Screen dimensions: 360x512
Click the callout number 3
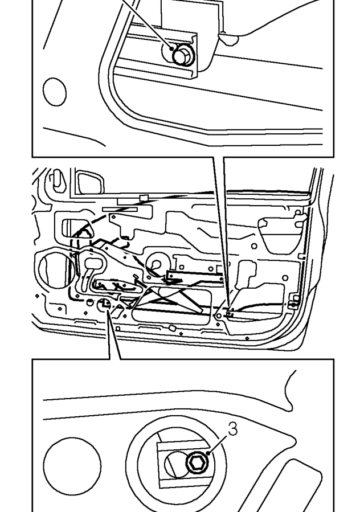(x=232, y=429)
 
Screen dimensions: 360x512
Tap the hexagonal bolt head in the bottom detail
(x=197, y=462)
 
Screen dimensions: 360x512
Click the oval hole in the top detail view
(x=55, y=92)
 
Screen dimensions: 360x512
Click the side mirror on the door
(x=91, y=182)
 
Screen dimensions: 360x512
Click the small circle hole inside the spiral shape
(x=156, y=264)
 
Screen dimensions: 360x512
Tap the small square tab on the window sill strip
(x=144, y=197)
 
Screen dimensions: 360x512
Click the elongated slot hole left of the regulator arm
(x=94, y=263)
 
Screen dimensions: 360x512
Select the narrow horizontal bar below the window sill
(x=120, y=209)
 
